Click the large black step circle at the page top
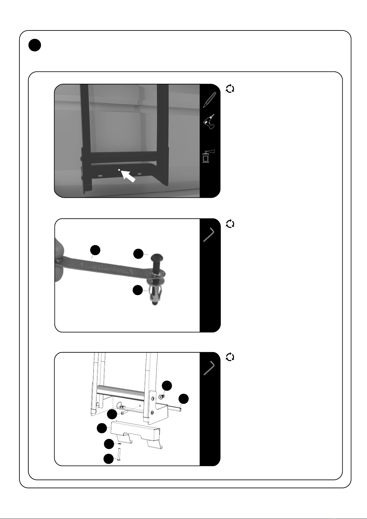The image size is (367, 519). click(x=35, y=46)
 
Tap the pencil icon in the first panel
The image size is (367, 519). click(x=210, y=99)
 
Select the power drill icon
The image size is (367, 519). click(x=209, y=122)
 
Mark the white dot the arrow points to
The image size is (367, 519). click(x=119, y=170)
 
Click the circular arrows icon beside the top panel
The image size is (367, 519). click(x=230, y=89)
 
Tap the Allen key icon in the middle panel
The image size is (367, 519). click(x=209, y=234)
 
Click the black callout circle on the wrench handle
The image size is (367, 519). click(x=95, y=250)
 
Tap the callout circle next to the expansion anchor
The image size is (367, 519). click(x=138, y=290)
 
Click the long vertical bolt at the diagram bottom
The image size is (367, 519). click(x=119, y=455)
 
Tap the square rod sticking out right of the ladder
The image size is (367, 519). click(x=176, y=409)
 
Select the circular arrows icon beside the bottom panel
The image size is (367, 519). click(x=230, y=357)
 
